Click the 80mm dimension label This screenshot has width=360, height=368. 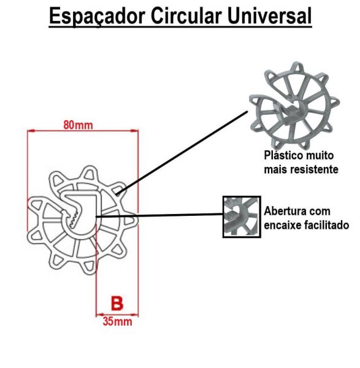79,125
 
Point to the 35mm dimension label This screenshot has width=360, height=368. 117,321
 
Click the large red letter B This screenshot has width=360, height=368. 117,304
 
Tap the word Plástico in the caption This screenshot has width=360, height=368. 283,156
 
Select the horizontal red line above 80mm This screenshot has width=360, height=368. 83,131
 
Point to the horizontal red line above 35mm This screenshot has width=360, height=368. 117,315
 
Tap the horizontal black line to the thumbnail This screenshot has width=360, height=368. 159,215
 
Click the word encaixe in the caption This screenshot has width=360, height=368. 281,225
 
